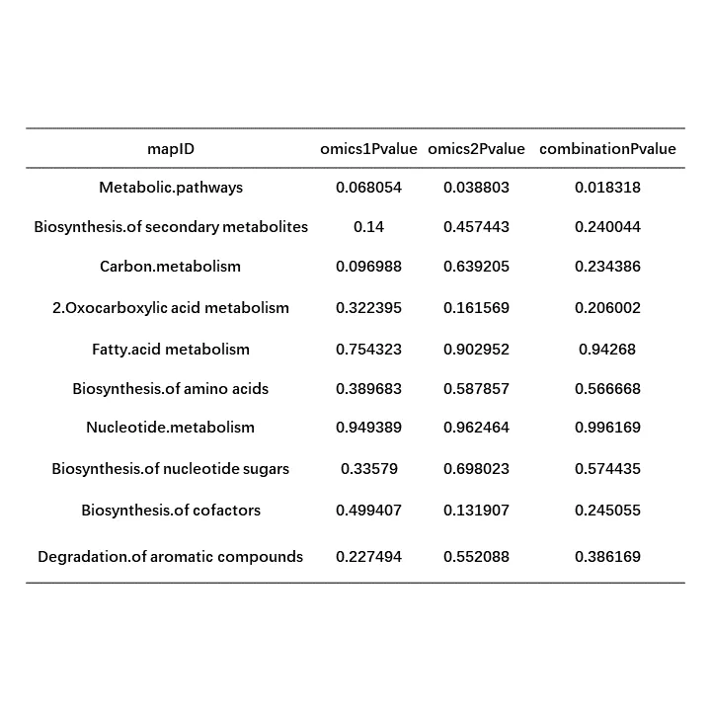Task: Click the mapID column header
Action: (x=171, y=149)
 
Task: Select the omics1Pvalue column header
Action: (x=368, y=149)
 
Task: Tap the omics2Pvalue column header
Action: (x=476, y=149)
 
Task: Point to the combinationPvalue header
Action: (x=607, y=149)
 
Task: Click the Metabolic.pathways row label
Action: (x=171, y=187)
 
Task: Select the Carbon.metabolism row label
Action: (x=171, y=266)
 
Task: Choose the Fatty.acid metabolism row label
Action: (x=171, y=349)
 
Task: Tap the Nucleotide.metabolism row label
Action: (x=171, y=427)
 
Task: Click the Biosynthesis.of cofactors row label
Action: (x=171, y=510)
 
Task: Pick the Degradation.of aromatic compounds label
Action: (x=171, y=556)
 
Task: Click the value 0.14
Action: (x=368, y=226)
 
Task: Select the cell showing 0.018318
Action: (x=607, y=187)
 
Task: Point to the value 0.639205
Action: (x=476, y=266)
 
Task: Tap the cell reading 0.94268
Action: (x=607, y=349)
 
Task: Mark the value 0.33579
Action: (x=368, y=468)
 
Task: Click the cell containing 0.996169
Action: (x=607, y=427)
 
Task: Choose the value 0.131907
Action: (x=476, y=510)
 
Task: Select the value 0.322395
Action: (x=368, y=307)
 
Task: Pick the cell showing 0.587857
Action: (x=476, y=388)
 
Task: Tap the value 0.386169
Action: (x=607, y=556)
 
